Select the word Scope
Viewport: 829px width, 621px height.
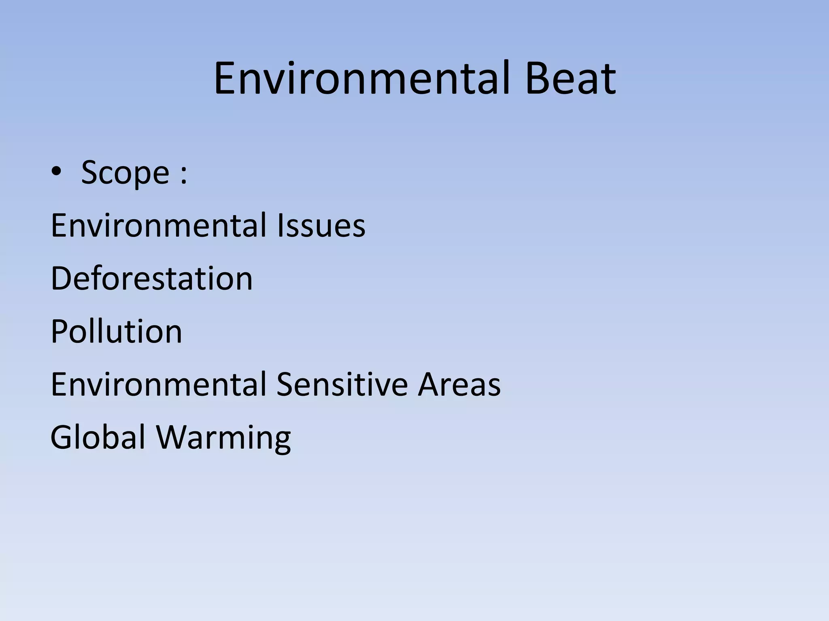point(125,173)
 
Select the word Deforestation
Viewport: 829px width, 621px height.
point(152,279)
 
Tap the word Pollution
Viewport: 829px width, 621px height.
point(117,332)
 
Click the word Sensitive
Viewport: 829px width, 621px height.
point(342,384)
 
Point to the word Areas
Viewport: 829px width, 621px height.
point(459,384)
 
